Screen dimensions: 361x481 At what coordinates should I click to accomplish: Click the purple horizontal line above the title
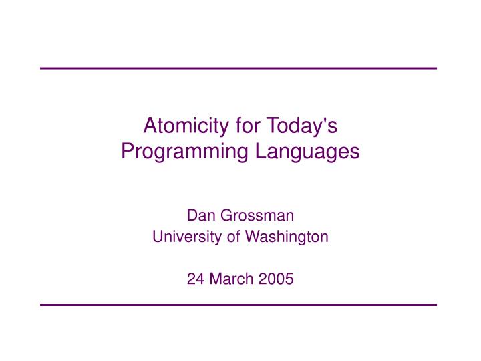point(238,68)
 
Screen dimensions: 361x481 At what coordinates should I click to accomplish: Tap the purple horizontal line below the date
point(238,305)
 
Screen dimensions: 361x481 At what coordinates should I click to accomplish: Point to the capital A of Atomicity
point(151,125)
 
